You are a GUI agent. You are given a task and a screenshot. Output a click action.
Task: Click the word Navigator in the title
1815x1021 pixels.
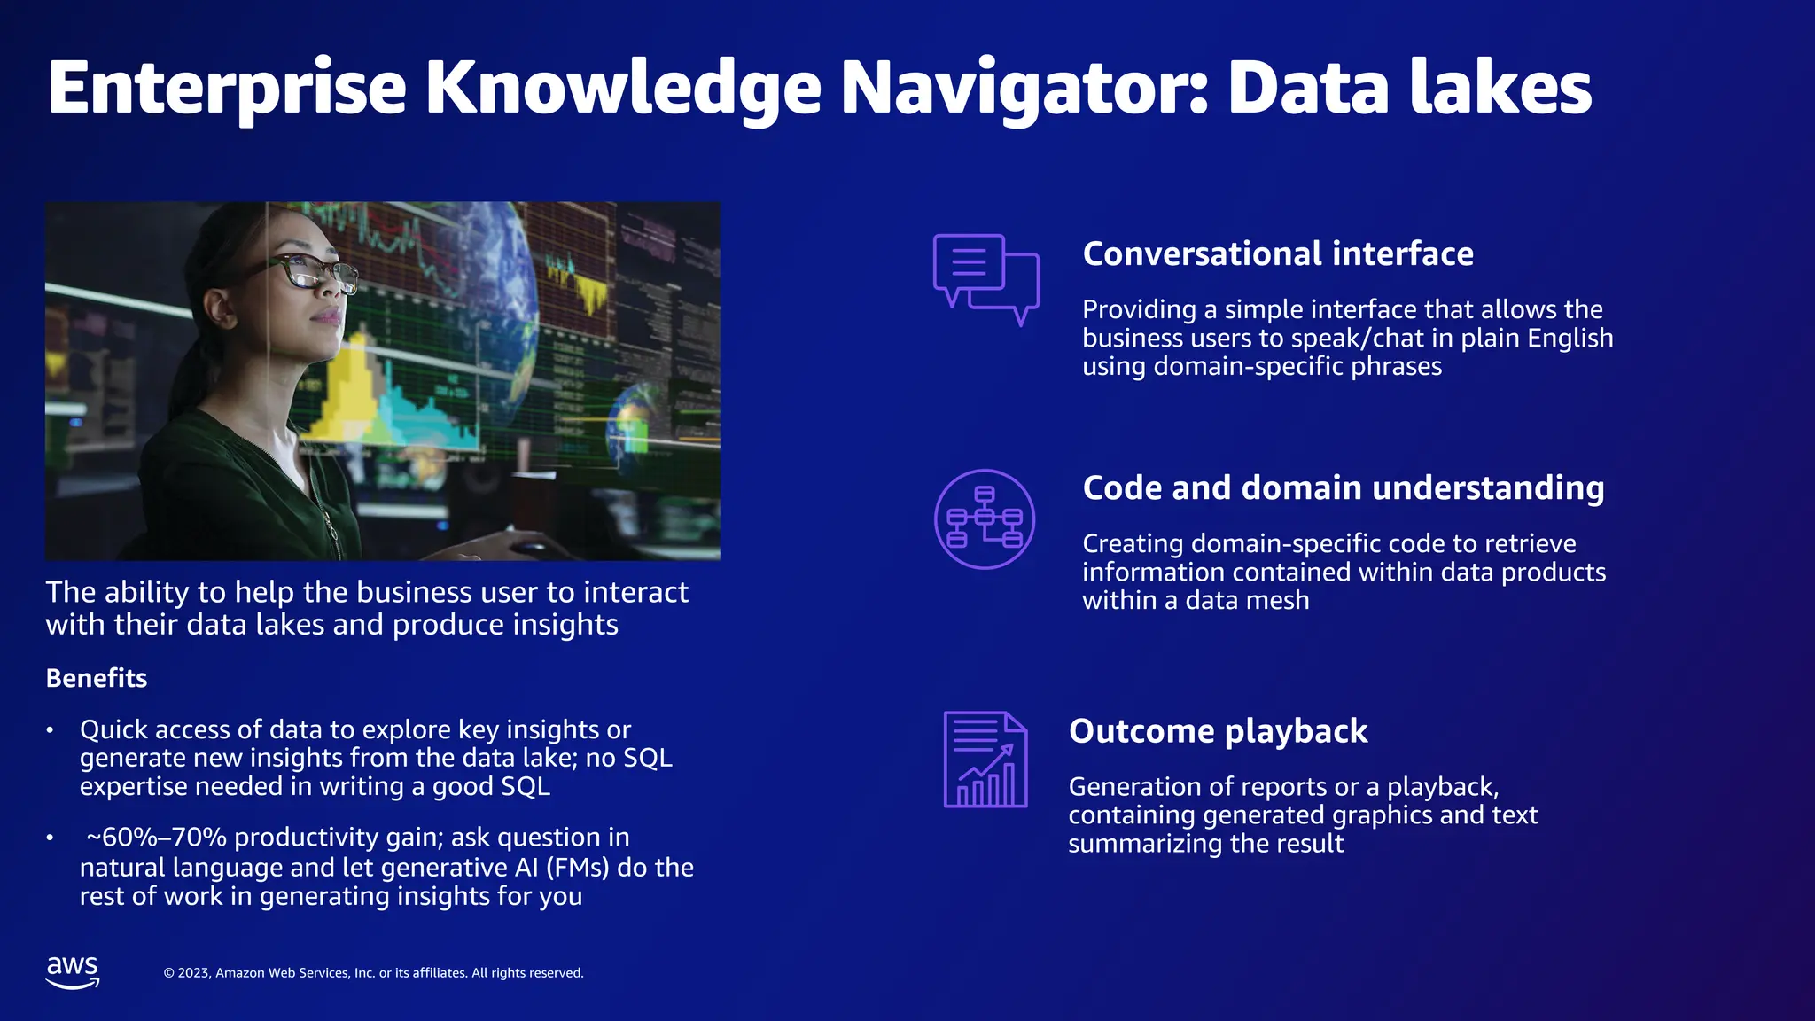(x=1024, y=89)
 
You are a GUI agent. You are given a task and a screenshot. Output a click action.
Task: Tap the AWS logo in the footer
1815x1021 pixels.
(x=73, y=971)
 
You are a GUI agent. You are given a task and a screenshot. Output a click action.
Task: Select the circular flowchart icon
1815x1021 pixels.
(x=985, y=519)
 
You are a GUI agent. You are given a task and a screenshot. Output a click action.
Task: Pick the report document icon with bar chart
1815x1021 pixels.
(x=985, y=760)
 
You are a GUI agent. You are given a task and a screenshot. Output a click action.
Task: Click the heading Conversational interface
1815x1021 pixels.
(x=1278, y=254)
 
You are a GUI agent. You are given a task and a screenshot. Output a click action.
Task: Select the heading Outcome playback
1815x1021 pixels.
(x=1218, y=731)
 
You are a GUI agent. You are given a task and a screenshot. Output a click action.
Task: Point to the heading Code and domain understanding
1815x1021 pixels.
(x=1343, y=488)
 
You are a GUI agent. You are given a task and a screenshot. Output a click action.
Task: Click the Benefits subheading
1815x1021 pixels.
(x=97, y=678)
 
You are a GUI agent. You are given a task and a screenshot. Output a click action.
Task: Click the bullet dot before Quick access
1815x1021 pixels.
(x=51, y=730)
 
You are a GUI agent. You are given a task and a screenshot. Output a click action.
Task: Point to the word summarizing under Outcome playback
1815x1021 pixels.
(x=1132, y=844)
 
